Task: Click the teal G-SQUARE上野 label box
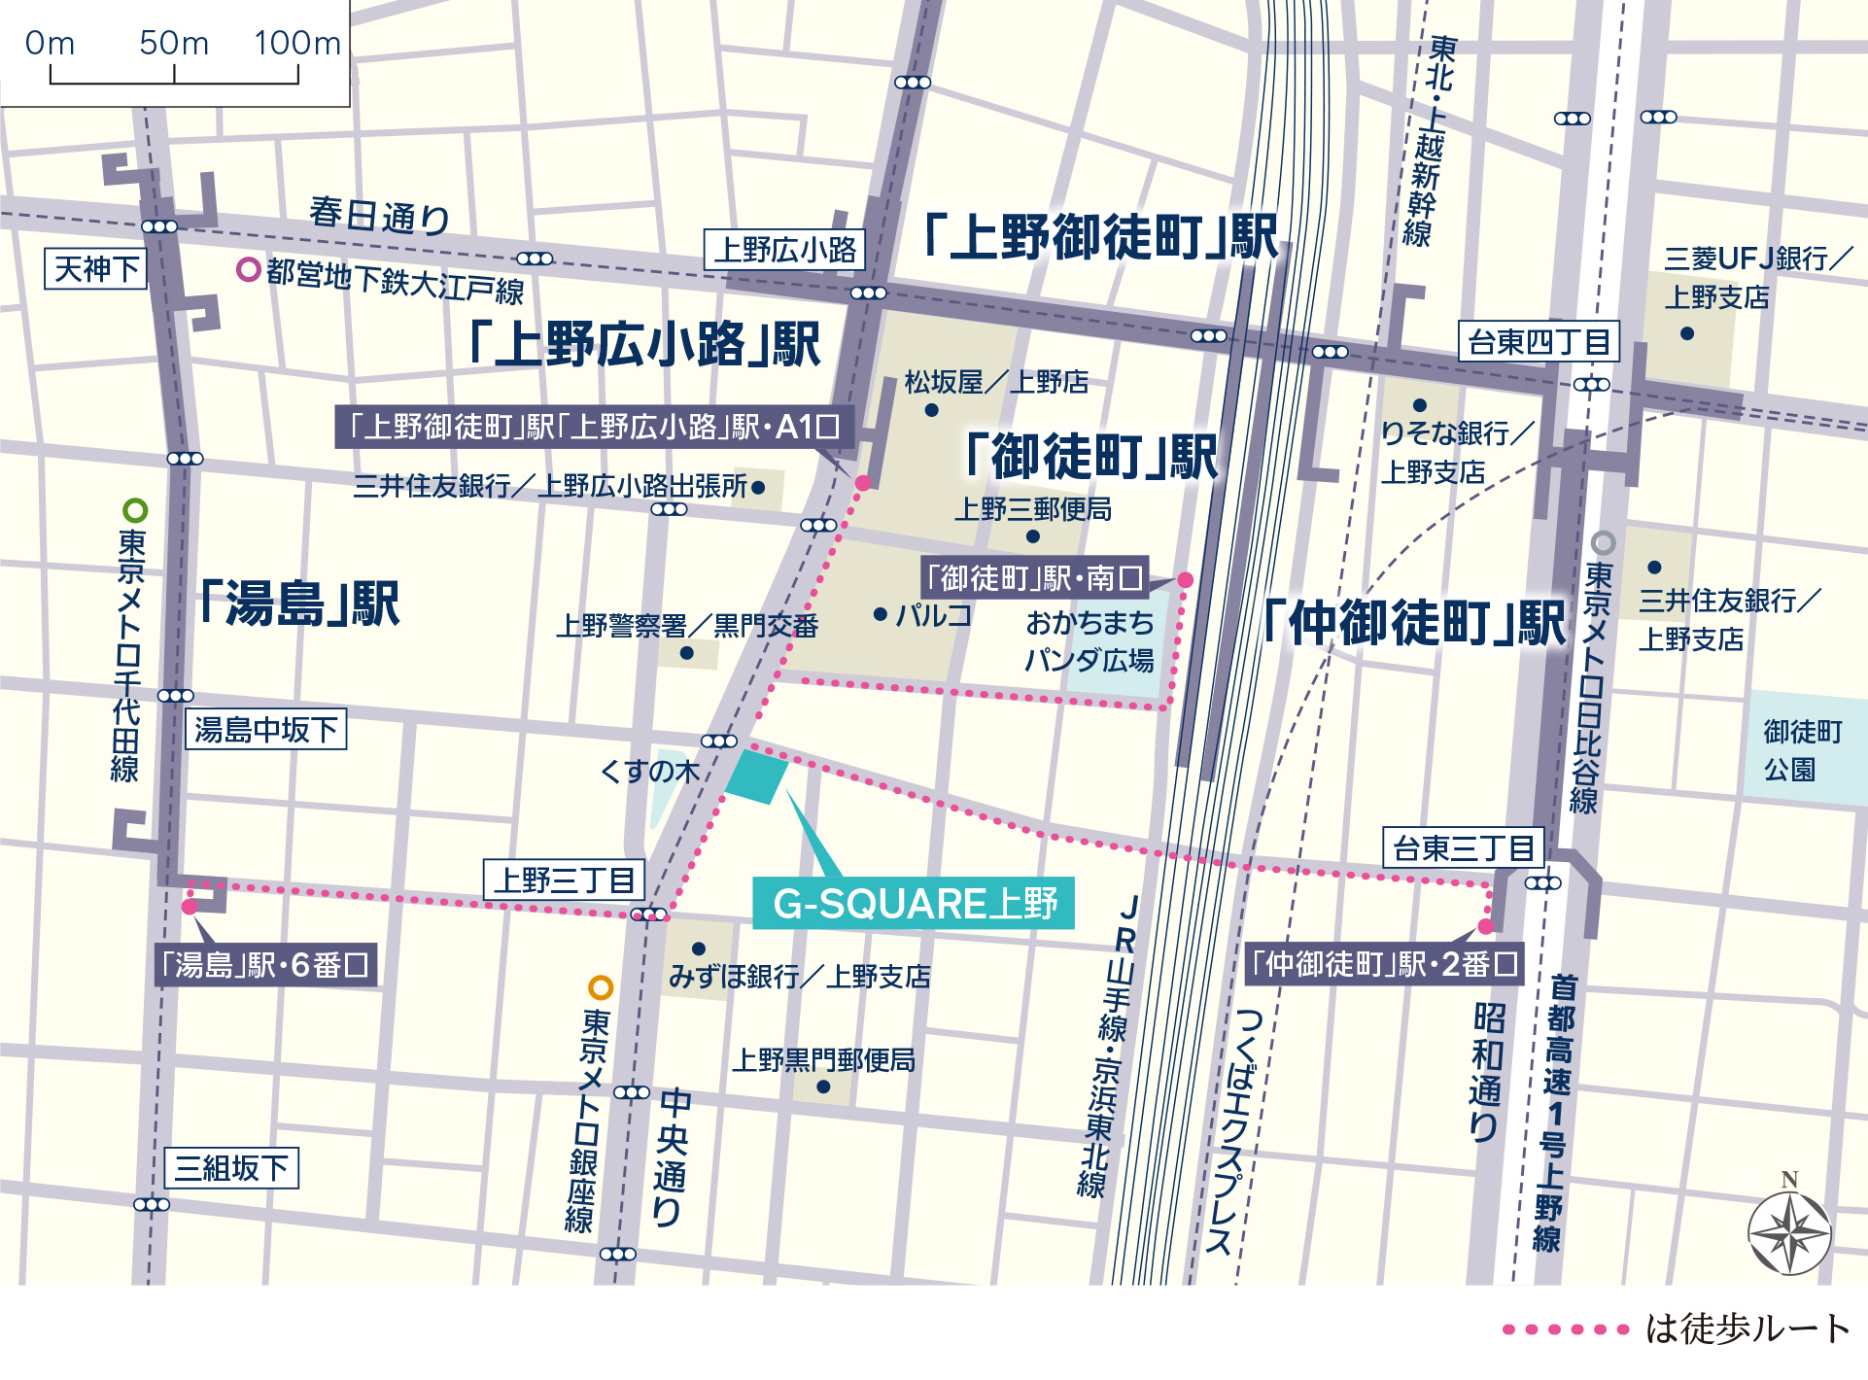[x=914, y=904]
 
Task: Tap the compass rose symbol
[x=1789, y=1233]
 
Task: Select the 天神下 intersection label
[x=95, y=269]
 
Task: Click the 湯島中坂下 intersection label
[x=265, y=729]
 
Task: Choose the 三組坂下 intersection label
[x=231, y=1167]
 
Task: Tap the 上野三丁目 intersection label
[x=564, y=880]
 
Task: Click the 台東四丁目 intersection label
[x=1539, y=342]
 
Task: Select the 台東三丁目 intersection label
[x=1463, y=848]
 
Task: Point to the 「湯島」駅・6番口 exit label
[x=265, y=965]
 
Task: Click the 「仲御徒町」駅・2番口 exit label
[x=1384, y=964]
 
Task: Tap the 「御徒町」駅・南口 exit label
[x=1034, y=578]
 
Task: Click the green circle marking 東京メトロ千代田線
[x=135, y=510]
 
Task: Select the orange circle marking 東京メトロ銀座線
[x=601, y=988]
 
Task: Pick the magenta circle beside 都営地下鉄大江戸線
[x=249, y=269]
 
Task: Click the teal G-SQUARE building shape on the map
[x=757, y=776]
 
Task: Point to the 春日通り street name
[x=379, y=215]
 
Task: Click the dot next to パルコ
[x=880, y=614]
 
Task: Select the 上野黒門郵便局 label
[x=823, y=1059]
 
